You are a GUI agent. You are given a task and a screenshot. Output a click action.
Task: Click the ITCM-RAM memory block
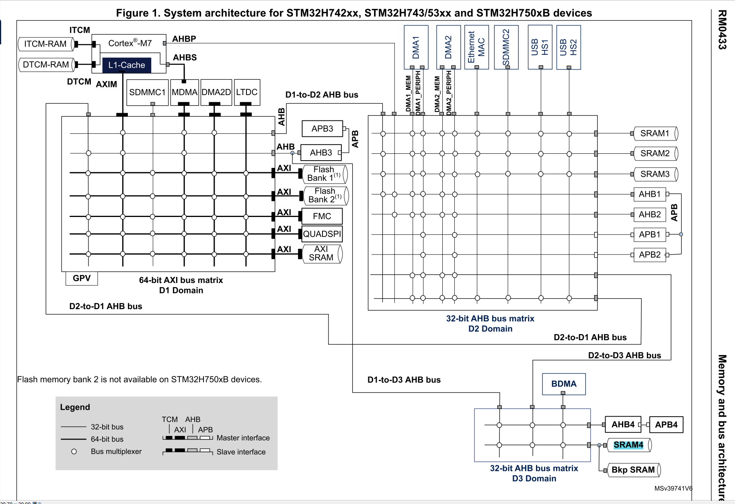tap(45, 44)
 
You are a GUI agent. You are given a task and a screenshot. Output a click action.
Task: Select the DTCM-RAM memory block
tap(46, 64)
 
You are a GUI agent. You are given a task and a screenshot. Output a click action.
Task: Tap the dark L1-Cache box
tap(127, 65)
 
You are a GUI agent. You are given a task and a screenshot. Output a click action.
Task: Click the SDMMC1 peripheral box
tap(147, 92)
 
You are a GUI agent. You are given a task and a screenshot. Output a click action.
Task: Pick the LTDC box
tap(247, 92)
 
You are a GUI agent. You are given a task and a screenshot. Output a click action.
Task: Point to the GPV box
tap(82, 278)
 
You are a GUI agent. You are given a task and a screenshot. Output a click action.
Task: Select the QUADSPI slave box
tap(322, 234)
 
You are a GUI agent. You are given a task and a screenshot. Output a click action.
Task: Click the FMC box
tap(322, 216)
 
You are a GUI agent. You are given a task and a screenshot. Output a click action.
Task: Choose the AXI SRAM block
tap(321, 254)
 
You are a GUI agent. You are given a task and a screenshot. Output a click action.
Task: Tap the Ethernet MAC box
tap(476, 47)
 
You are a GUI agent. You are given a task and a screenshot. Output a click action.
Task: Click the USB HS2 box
tap(569, 47)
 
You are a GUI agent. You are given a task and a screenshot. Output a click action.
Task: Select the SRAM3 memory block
tap(655, 174)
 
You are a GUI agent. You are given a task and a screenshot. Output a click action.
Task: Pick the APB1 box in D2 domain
tap(650, 234)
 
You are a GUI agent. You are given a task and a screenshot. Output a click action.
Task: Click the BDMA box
tap(564, 384)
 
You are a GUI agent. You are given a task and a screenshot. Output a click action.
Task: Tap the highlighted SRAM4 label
tap(628, 445)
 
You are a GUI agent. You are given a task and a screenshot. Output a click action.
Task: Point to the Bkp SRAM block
tap(633, 470)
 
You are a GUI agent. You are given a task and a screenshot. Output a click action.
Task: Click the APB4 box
tap(666, 425)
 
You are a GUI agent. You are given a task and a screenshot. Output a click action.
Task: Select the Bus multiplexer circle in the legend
tap(74, 452)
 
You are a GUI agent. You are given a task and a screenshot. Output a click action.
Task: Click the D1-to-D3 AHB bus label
tap(404, 380)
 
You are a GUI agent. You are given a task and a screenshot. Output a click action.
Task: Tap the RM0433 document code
tap(722, 30)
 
